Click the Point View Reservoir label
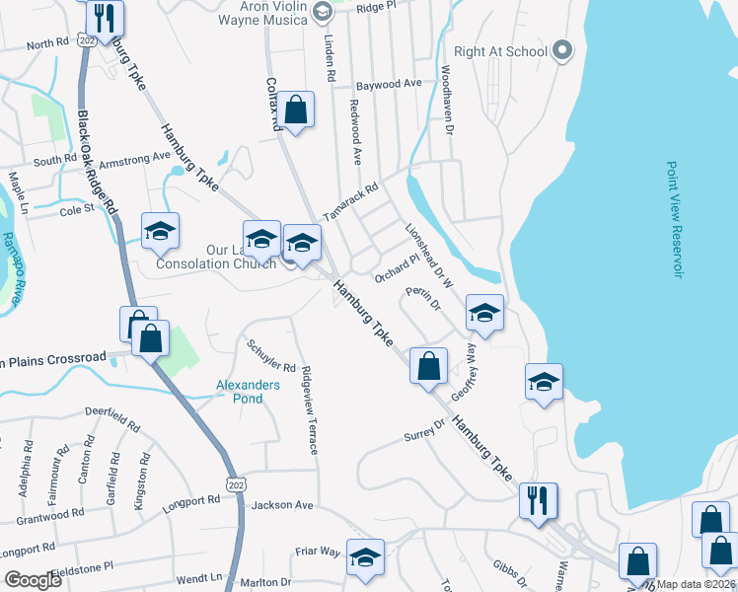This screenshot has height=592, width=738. click(x=674, y=219)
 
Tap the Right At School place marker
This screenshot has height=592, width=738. click(x=562, y=50)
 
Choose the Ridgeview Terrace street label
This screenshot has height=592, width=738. click(x=310, y=410)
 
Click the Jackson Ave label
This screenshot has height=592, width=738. click(x=282, y=505)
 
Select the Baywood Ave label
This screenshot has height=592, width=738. click(x=389, y=85)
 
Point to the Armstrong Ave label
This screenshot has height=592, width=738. click(x=128, y=158)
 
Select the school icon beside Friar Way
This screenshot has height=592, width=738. click(x=365, y=557)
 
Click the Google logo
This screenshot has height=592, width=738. click(x=34, y=580)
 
